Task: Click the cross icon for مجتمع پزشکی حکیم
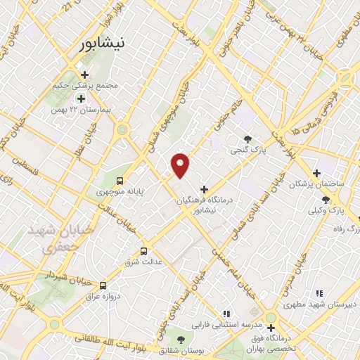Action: [x=85, y=75]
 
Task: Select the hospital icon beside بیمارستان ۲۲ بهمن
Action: [x=81, y=98]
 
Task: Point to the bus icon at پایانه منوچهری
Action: [x=127, y=179]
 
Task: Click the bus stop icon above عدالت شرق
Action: [x=143, y=251]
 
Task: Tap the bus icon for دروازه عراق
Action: [x=103, y=285]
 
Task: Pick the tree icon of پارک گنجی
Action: [x=247, y=139]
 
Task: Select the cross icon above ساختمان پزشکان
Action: [x=317, y=173]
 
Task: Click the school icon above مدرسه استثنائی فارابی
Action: [x=226, y=314]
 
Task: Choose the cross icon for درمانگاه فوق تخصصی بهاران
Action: [x=271, y=328]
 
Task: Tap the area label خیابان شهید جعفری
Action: [x=50, y=239]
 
